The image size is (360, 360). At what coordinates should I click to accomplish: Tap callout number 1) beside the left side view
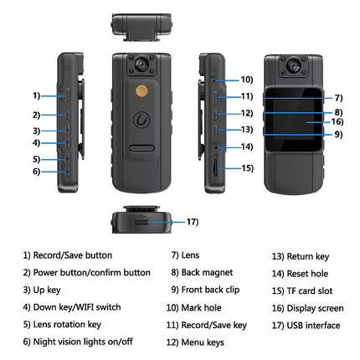[x=37, y=96]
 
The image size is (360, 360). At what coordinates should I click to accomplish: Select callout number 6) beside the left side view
[x=37, y=172]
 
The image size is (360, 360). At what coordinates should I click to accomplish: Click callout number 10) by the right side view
[x=246, y=80]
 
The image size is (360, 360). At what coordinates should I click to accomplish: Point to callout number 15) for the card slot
[x=246, y=168]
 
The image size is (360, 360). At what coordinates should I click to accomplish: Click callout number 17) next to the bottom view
[x=193, y=222]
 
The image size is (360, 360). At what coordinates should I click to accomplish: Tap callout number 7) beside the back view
[x=338, y=98]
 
